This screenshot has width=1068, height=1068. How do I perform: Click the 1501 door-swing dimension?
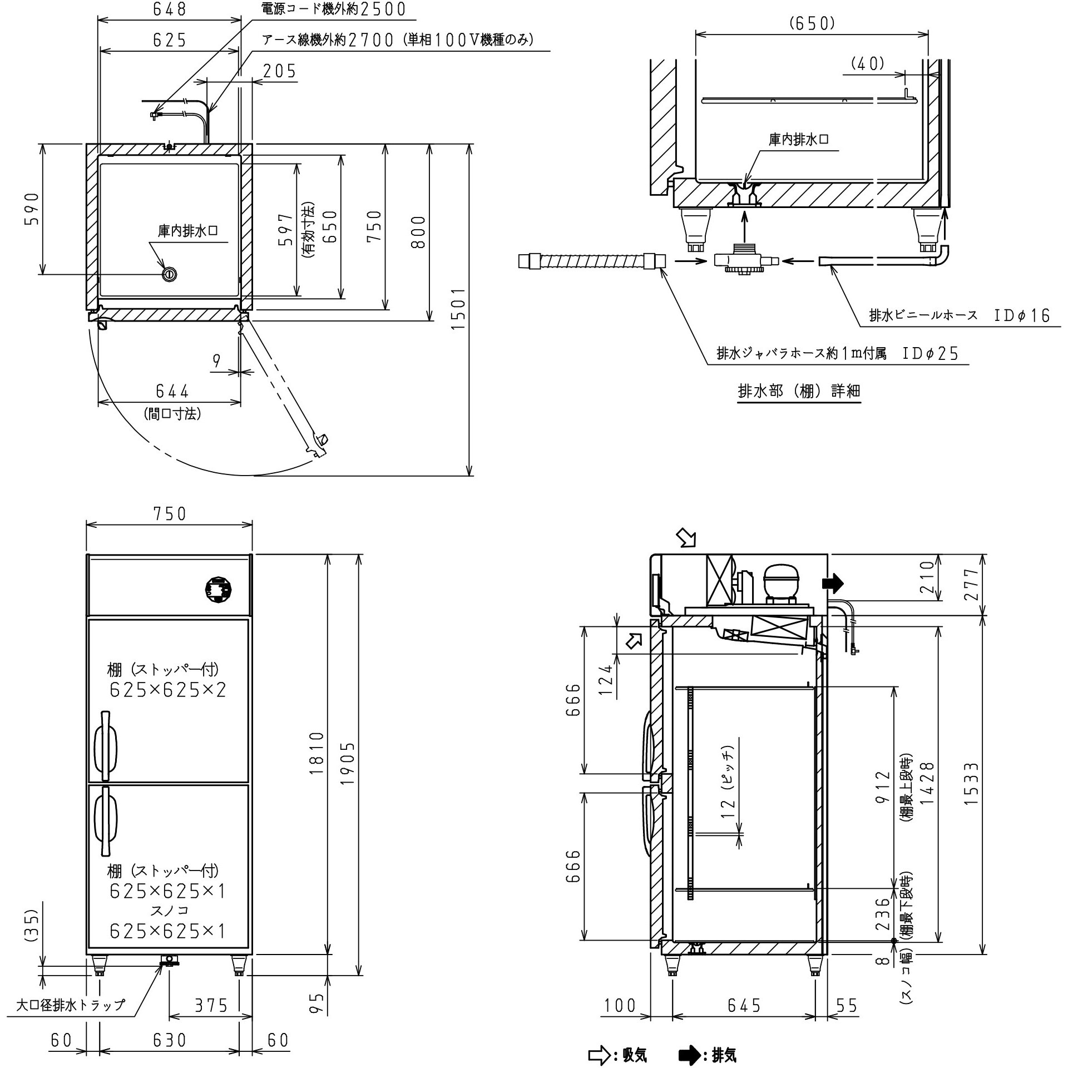coord(457,309)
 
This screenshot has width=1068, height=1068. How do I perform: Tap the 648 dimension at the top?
coord(169,9)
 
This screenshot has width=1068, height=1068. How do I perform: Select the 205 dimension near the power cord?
coord(279,71)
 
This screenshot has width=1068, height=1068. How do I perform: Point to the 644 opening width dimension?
coord(172,392)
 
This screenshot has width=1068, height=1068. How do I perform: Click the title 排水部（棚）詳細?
coord(799,391)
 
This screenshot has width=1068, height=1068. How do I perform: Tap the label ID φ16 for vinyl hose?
coord(1022,316)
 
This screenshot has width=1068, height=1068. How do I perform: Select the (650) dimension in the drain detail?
coord(812,23)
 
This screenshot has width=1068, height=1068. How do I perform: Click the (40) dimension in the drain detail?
coord(868,64)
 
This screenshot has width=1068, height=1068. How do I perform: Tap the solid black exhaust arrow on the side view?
coord(833,584)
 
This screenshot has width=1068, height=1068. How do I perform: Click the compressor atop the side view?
coord(781,582)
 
